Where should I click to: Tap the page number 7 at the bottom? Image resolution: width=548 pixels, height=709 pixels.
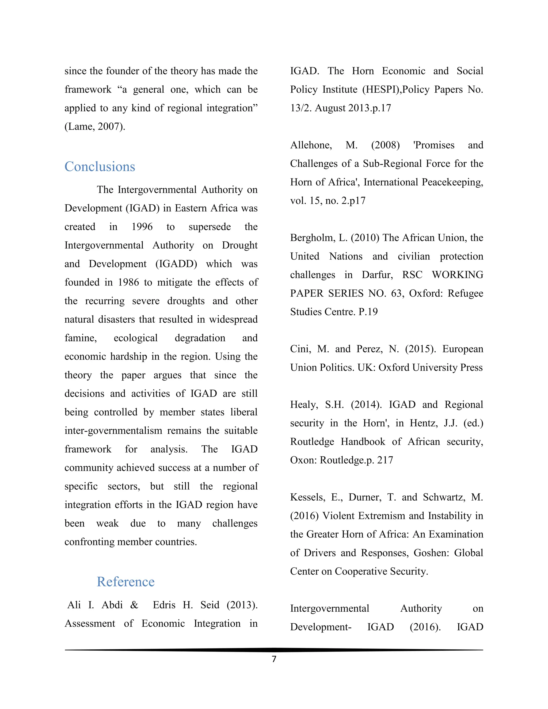pos(274,659)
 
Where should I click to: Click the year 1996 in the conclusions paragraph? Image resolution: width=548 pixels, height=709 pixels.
pos(142,227)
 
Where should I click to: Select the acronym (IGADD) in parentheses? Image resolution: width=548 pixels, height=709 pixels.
pos(176,264)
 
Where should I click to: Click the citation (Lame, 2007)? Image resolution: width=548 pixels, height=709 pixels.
pos(95,126)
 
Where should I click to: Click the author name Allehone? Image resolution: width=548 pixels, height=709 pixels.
pos(311,145)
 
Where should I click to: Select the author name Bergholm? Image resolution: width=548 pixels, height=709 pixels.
pos(312,238)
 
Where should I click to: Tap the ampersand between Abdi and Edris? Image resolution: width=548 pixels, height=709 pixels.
pos(134,605)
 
